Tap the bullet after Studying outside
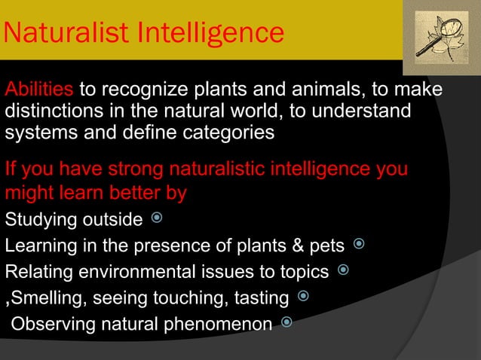tap(156, 219)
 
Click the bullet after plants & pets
tap(359, 244)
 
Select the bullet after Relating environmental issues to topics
tap(343, 270)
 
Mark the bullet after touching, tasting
tap(303, 297)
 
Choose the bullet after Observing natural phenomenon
tap(286, 323)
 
